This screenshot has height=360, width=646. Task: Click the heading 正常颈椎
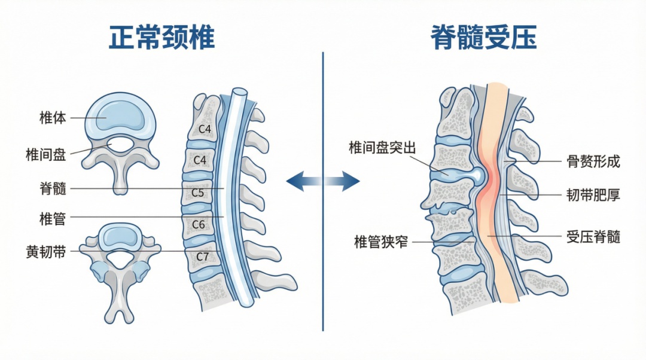coord(161,38)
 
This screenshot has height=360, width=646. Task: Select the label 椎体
coord(53,118)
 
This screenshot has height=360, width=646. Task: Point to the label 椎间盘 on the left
coord(46,154)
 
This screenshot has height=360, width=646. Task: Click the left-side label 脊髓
coord(53,189)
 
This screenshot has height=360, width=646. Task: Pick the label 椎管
coord(53,219)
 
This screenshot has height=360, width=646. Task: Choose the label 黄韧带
coord(46,251)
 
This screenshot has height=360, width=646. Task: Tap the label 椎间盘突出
coord(382,147)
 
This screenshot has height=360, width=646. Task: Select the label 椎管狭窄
coord(381,242)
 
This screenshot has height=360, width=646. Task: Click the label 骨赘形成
coord(593,161)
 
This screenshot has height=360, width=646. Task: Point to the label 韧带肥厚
coord(593,194)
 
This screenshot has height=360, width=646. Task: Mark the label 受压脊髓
coord(593,237)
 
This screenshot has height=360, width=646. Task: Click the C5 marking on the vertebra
coord(197,193)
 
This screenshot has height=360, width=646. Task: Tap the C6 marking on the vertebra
coord(199,224)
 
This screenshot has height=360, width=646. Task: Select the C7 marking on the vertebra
coord(203,257)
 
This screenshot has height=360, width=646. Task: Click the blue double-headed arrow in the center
coord(323,180)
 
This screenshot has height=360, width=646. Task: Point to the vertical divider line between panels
coord(323,269)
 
